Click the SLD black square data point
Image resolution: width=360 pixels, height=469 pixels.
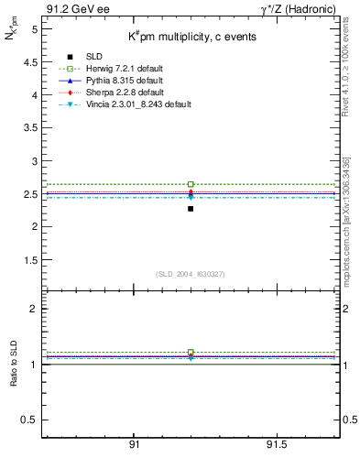(191, 209)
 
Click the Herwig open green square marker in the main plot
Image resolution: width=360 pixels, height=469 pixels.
(191, 184)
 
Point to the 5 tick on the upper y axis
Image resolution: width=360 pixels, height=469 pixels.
(33, 29)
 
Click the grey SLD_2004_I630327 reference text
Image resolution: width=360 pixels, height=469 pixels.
(190, 274)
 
